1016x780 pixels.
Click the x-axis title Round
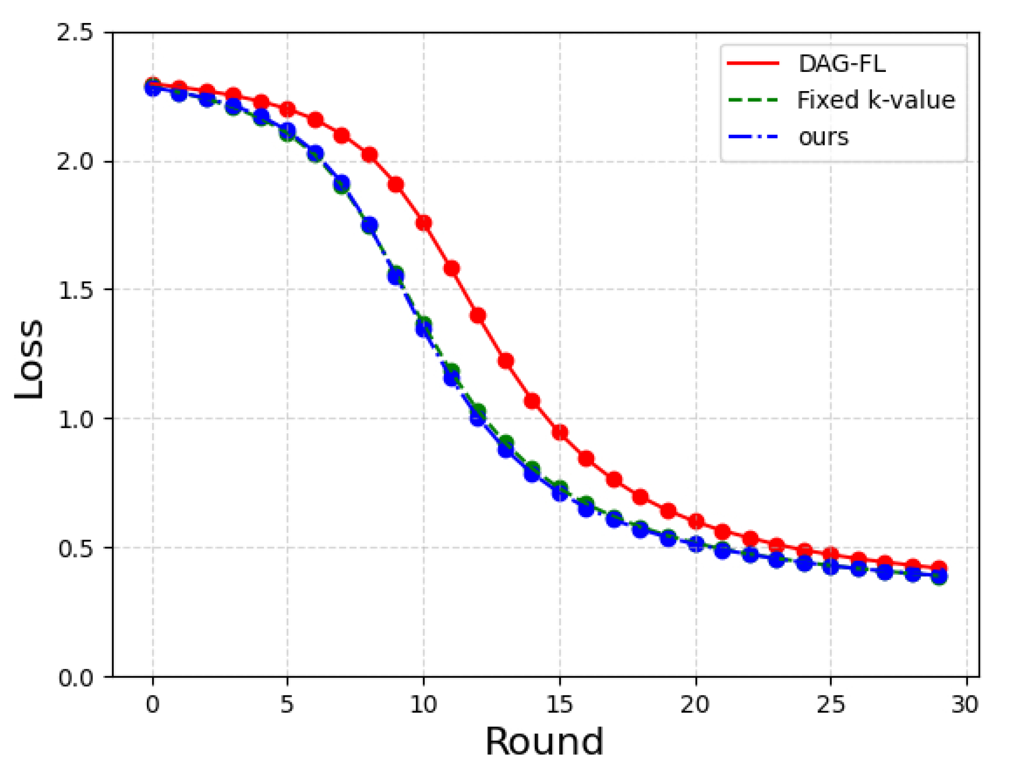544,742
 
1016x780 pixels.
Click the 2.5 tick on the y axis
74,33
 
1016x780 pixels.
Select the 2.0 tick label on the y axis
74,161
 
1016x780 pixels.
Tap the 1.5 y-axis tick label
74,290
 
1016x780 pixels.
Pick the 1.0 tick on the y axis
74,419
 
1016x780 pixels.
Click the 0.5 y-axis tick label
74,548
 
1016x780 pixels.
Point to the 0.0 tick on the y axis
74,677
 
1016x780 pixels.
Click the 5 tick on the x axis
287,704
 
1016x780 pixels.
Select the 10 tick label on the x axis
423,704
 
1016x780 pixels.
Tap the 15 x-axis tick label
560,704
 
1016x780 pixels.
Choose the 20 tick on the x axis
695,704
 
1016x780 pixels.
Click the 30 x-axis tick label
965,704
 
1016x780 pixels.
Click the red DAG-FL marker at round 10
423,223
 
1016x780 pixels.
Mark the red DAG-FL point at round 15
560,432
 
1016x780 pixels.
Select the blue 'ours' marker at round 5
287,130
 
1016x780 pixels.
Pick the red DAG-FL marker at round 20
696,521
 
